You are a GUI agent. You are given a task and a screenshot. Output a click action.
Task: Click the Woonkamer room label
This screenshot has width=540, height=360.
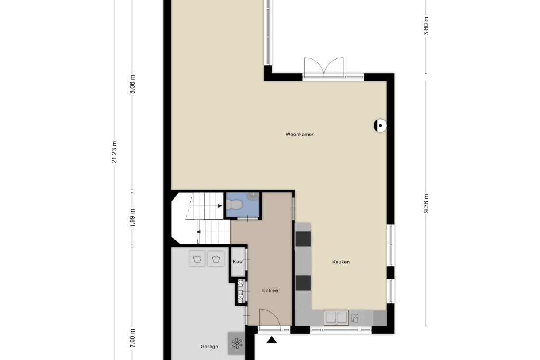[x=300, y=134]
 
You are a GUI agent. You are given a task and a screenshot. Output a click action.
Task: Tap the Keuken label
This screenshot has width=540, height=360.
[x=341, y=262]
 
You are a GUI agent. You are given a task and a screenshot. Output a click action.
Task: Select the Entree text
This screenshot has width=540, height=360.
[x=270, y=290]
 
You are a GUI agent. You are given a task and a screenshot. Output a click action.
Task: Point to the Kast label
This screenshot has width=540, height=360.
[x=238, y=262]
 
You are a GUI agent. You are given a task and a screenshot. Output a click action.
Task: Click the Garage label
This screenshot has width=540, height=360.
[x=209, y=346]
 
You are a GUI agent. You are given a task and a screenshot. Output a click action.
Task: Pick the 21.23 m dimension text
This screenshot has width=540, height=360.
[x=115, y=152]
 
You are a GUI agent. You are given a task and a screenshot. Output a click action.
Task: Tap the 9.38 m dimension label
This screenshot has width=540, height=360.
[x=426, y=204]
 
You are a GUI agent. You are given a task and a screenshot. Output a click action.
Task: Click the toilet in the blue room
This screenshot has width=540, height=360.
[x=234, y=205]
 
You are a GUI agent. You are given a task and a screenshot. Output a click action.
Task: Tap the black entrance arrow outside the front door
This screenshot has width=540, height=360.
[x=272, y=340]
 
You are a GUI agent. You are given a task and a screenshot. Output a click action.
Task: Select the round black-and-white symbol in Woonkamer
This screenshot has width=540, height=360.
[x=380, y=126]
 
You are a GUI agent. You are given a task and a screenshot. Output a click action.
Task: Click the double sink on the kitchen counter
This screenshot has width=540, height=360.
[x=336, y=317]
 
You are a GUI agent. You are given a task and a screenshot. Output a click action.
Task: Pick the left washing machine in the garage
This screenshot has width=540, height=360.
[x=197, y=259]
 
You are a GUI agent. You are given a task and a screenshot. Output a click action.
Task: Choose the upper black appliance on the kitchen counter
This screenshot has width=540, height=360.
[x=303, y=239]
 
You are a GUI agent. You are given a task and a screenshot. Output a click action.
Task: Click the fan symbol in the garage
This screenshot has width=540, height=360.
[x=237, y=343]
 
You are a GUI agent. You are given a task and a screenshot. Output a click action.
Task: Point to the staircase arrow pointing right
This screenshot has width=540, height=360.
[x=220, y=206]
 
